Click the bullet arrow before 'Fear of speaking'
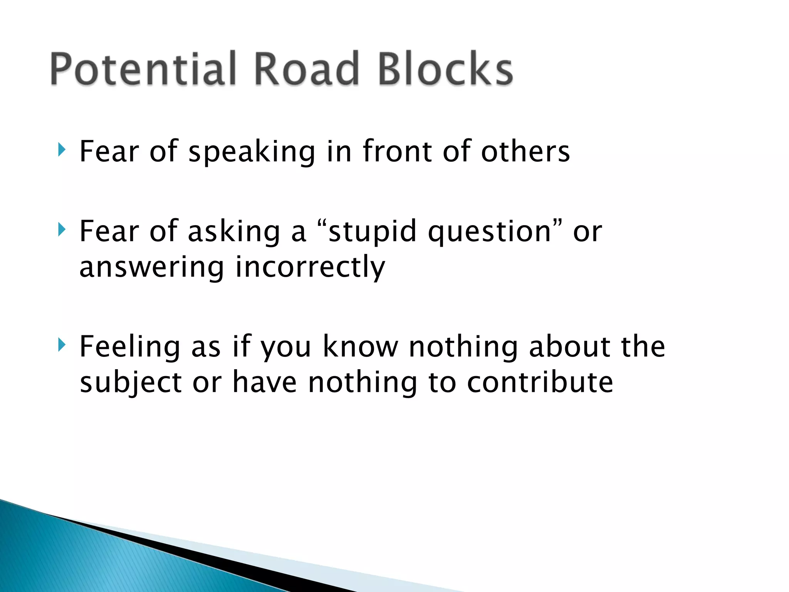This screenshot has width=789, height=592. coord(61,150)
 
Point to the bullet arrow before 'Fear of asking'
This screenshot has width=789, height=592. coord(61,230)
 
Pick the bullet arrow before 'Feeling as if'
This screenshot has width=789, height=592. coord(61,345)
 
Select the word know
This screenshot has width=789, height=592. coord(360,347)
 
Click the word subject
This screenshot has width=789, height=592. coord(131,383)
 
